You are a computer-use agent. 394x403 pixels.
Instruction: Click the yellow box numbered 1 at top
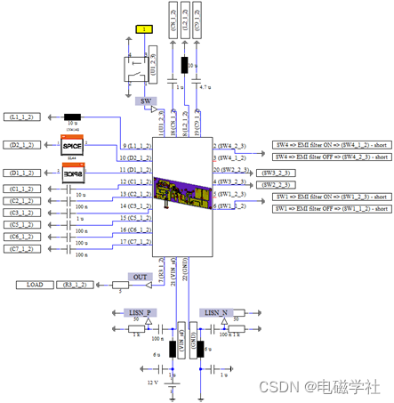tap(143, 28)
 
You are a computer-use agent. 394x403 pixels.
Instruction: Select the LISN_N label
tap(217, 313)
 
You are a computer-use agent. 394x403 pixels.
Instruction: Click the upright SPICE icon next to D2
tap(71, 143)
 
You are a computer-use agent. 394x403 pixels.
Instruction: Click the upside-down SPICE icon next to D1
tap(71, 172)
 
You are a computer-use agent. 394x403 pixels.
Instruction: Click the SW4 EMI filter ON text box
tap(329, 144)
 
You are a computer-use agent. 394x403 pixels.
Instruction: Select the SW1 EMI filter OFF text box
tap(329, 208)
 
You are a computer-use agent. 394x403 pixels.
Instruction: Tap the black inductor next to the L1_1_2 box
tap(73, 117)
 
